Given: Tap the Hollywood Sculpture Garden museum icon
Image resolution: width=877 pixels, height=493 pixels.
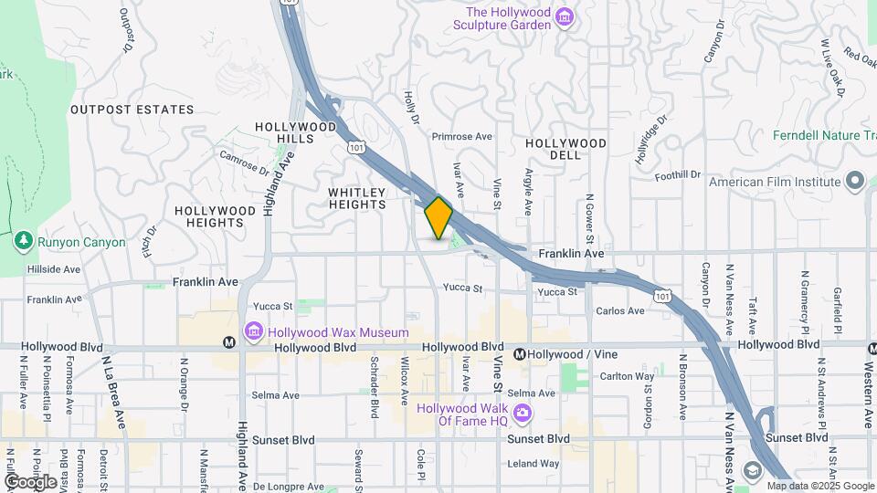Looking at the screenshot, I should pyautogui.click(x=565, y=18).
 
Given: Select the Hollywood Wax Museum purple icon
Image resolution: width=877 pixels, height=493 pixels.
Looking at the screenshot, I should pyautogui.click(x=253, y=331).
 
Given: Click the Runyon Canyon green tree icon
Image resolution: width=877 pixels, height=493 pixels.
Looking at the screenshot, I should pyautogui.click(x=23, y=242).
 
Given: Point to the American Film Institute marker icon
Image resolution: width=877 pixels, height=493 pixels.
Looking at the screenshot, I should pyautogui.click(x=855, y=181).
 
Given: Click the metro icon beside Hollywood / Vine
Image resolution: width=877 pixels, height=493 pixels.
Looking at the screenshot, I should pyautogui.click(x=519, y=354).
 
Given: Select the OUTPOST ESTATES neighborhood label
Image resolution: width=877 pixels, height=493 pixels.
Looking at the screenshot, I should pyautogui.click(x=132, y=110).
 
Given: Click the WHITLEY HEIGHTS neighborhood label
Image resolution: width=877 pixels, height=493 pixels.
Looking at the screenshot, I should pyautogui.click(x=357, y=198).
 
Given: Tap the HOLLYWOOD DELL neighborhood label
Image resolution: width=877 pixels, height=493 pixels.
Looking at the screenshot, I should pyautogui.click(x=565, y=149).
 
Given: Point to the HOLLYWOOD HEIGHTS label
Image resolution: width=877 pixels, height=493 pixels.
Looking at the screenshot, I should pyautogui.click(x=215, y=216).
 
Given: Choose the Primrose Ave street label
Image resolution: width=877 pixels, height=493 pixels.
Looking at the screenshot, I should pyautogui.click(x=461, y=136).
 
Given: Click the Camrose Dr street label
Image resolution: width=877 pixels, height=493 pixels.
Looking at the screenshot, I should pyautogui.click(x=245, y=163).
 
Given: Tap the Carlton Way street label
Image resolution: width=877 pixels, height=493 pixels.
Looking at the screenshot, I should pyautogui.click(x=627, y=376).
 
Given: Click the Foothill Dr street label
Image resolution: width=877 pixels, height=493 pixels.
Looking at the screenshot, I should pyautogui.click(x=676, y=174).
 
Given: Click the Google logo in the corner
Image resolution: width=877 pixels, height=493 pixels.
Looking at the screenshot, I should pyautogui.click(x=30, y=481).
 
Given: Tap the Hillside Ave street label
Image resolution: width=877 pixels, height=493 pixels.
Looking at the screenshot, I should pyautogui.click(x=54, y=269).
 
